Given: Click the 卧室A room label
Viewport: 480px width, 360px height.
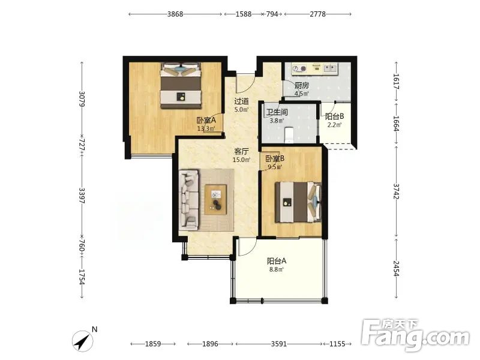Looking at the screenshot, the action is coord(206,120).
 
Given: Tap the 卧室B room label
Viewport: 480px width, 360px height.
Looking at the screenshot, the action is coord(275,158).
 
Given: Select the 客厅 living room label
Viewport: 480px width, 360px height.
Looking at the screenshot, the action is coord(241,151).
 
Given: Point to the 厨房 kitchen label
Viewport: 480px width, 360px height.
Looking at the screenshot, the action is coord(302,86).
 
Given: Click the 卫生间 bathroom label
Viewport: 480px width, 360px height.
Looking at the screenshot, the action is coord(277,112).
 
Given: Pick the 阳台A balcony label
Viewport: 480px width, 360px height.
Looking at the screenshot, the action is coord(277,261).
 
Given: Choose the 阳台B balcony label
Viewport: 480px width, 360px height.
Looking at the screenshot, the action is coord(334,116).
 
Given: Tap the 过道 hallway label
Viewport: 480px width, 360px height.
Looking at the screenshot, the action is coord(241,101).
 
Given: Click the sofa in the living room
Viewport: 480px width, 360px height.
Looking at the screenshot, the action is coord(189,200).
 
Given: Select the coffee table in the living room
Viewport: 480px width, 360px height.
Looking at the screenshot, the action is coord(216,200).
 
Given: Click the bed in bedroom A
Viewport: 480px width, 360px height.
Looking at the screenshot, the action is coord(181,86).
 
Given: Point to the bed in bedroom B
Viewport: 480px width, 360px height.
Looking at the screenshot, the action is coord(298,202).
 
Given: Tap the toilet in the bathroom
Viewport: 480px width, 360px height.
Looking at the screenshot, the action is coord(289,135).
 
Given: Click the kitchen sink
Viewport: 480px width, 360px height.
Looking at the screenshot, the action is coord(329,68).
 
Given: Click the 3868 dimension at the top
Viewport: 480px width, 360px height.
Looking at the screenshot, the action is coord(175,14).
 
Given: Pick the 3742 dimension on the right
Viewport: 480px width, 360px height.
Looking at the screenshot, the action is coord(397,191).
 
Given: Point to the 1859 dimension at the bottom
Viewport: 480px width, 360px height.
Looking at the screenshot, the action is coord(153,344).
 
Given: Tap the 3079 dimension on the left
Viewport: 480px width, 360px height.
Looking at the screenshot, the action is coord(82,99).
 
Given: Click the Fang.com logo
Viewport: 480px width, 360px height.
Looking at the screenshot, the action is coord(415,335).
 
